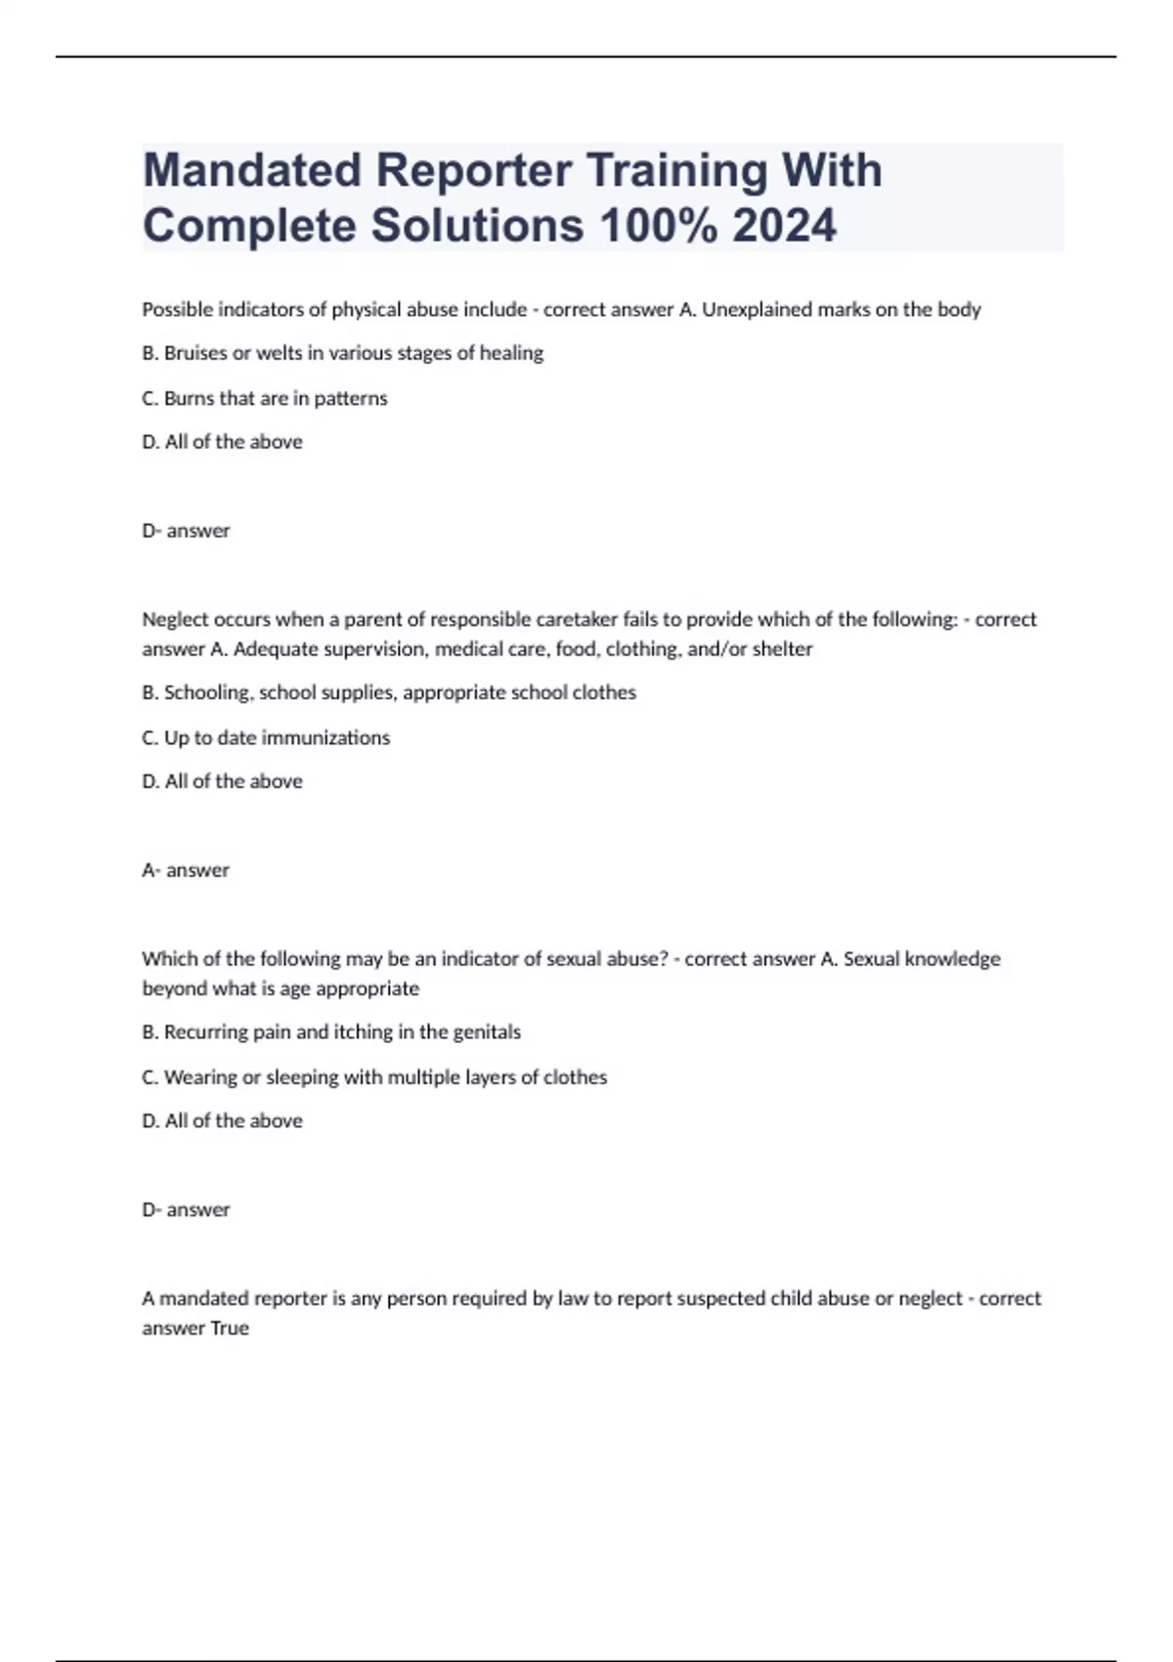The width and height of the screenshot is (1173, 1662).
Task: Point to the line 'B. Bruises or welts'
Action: click(342, 353)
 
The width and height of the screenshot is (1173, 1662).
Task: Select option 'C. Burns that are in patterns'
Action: click(265, 398)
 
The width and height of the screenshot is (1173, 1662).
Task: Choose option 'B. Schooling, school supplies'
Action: click(389, 693)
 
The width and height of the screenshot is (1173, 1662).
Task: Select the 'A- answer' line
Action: click(186, 870)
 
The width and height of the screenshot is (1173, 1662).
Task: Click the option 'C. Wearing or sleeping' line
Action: click(374, 1077)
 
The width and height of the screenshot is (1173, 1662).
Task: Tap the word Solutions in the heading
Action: click(476, 226)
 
